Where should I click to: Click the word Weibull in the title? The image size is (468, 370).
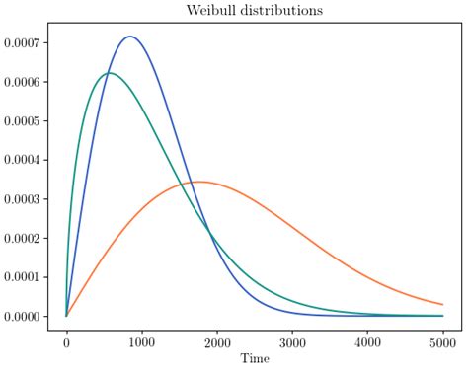point(201,11)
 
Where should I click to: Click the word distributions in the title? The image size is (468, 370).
point(275,11)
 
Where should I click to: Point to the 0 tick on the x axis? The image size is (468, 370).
point(66,342)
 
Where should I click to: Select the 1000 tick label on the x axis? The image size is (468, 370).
point(141,342)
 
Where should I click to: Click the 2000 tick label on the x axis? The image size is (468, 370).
point(216,342)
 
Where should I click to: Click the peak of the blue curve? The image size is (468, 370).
point(129,37)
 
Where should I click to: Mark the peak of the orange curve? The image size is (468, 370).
point(198,182)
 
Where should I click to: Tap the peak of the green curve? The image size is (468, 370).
point(109,73)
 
